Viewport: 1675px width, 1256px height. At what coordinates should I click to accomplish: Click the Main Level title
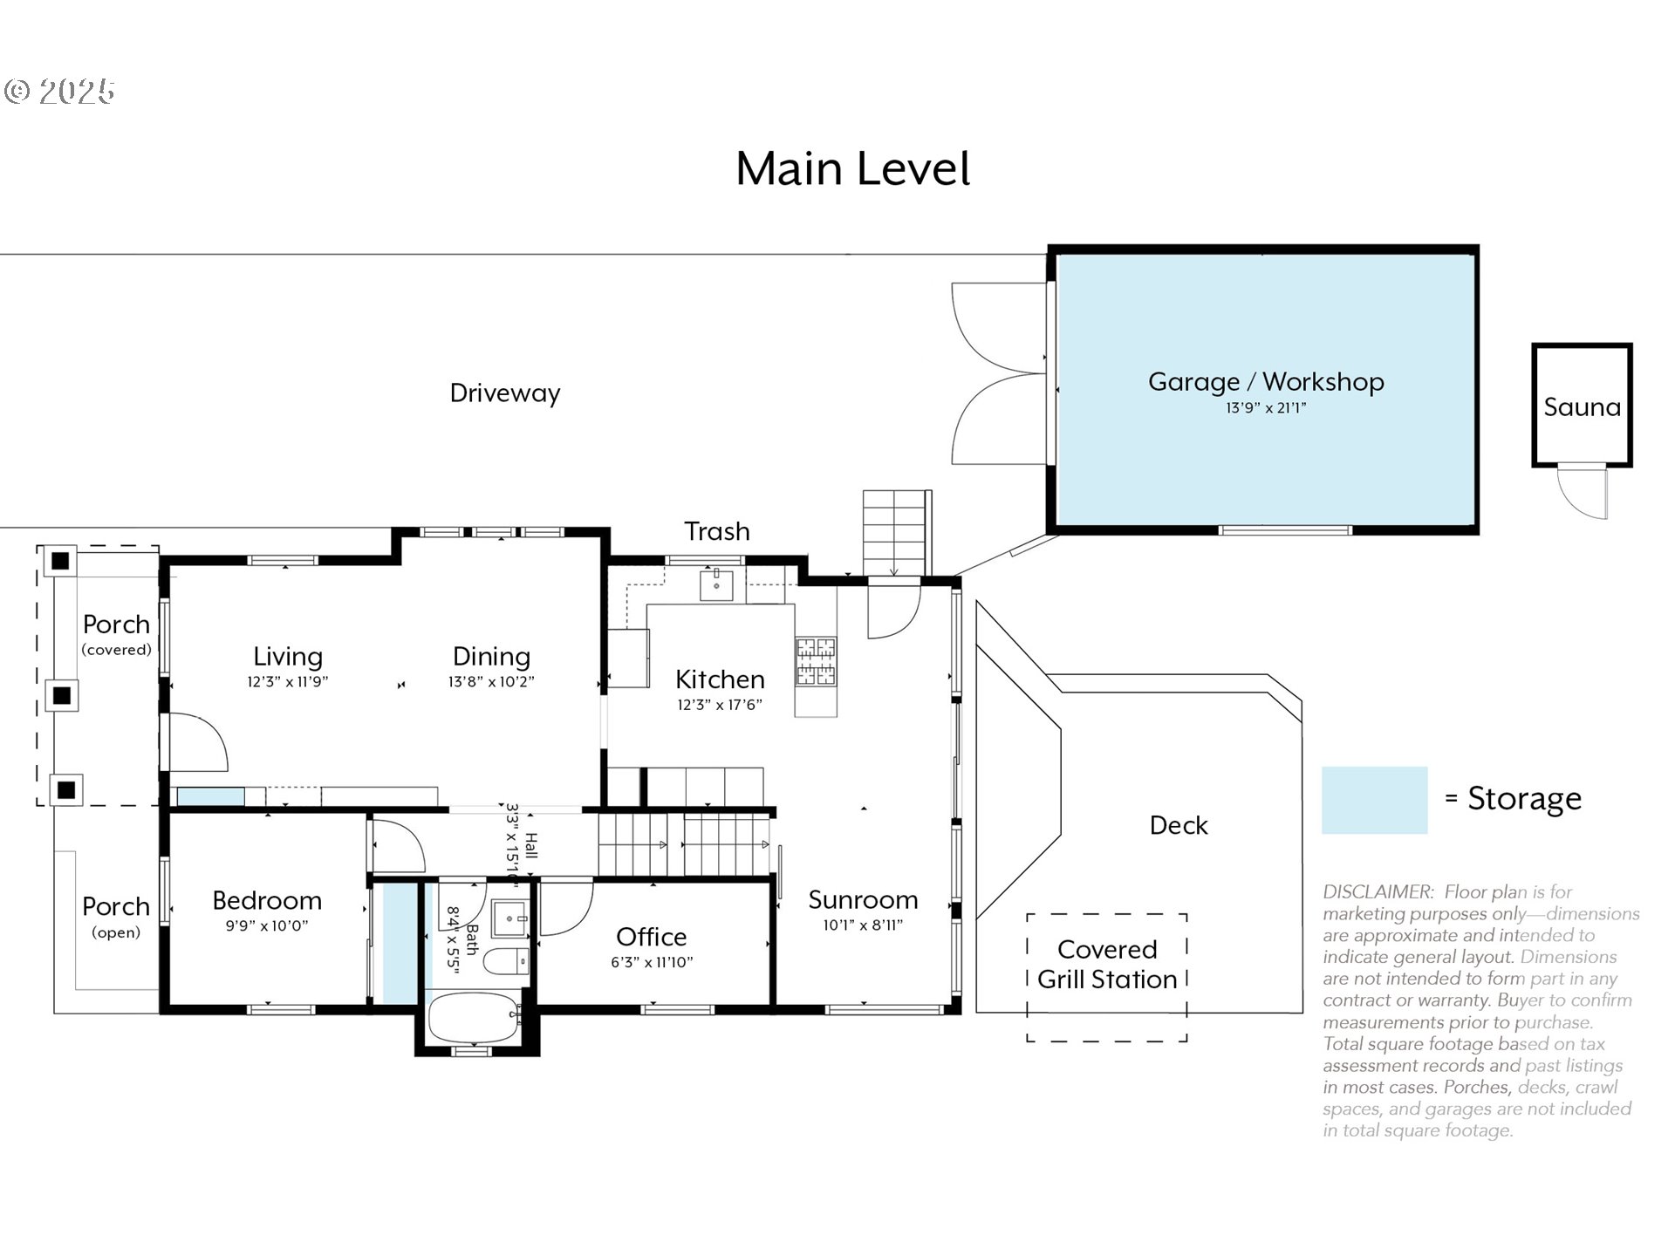852,168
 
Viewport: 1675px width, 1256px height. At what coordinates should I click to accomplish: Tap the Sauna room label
1582,406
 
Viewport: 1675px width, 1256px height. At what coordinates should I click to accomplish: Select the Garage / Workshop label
1265,381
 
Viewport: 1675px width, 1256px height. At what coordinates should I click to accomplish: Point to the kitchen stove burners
815,661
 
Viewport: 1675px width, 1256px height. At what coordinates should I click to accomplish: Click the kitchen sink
716,585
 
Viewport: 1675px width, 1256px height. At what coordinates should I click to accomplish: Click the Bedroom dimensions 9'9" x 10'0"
267,926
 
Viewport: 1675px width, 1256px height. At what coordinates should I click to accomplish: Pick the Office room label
651,937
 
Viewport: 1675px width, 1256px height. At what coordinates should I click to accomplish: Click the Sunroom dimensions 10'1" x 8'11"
862,925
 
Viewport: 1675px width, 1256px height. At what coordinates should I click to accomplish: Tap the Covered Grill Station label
1106,965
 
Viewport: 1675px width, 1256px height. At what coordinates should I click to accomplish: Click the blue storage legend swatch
1374,800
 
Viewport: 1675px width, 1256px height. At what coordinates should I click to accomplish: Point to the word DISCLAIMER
1378,892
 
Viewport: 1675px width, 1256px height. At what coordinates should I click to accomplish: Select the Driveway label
504,393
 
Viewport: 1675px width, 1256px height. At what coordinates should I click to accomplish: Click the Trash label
716,531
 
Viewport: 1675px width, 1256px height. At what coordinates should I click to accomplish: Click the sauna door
1582,491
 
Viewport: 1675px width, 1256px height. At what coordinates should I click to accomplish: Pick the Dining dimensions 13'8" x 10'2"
491,682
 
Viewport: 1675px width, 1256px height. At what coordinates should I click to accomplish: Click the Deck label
1178,825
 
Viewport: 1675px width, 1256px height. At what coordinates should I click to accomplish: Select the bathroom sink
509,918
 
